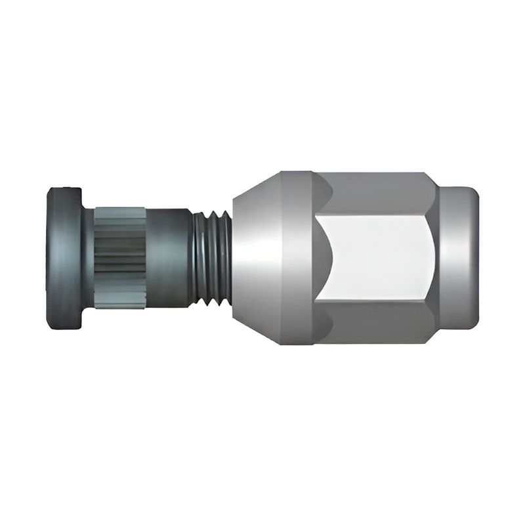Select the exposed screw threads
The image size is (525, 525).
point(211,258)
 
